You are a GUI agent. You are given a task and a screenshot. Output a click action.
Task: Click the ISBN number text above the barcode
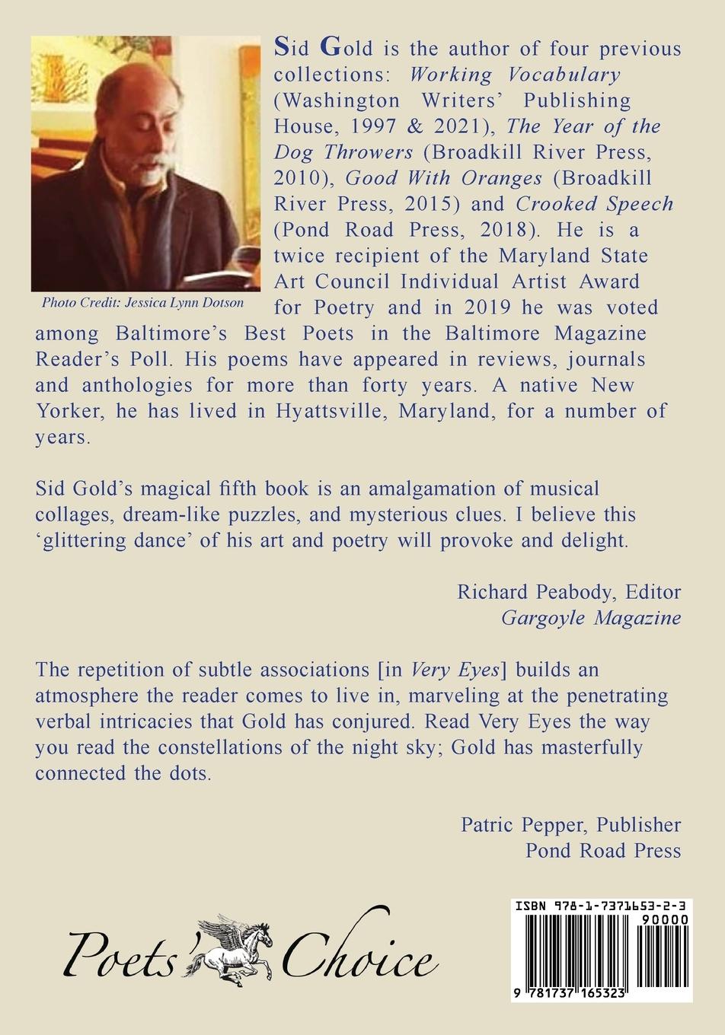601,906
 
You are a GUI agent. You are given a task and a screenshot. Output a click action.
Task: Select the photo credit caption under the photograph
143,302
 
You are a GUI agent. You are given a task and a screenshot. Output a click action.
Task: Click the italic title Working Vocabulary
516,75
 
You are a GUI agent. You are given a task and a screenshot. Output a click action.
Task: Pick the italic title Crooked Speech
594,203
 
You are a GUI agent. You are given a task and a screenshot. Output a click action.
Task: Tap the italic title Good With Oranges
443,177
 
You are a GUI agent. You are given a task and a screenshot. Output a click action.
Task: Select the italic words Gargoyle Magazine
591,617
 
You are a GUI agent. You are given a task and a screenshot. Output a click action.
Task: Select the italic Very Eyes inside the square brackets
455,670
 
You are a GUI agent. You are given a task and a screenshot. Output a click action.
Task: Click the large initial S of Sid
281,47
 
